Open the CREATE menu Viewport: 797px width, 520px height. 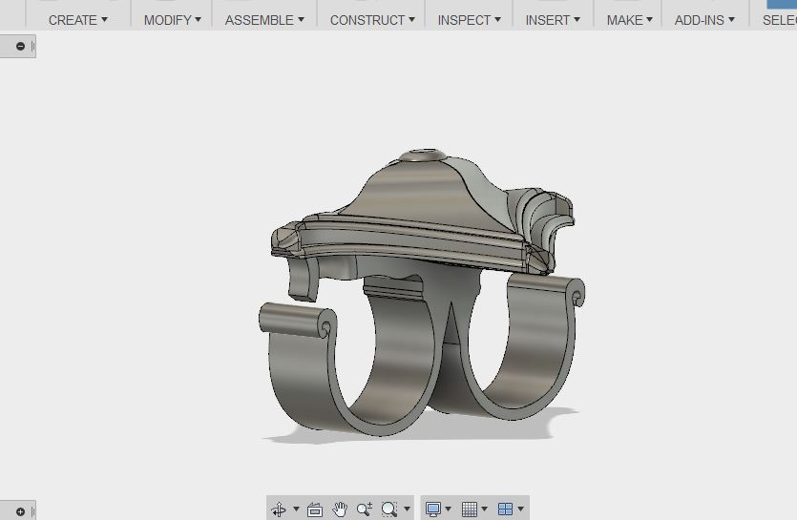(x=77, y=19)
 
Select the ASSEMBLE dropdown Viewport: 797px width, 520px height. (x=264, y=19)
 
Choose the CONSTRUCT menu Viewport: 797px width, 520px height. (x=372, y=19)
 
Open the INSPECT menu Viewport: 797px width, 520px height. (x=469, y=19)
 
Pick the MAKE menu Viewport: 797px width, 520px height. (x=629, y=19)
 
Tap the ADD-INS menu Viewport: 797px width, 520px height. (x=704, y=19)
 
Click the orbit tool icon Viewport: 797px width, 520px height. (x=280, y=510)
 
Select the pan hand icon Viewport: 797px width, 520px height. (x=340, y=510)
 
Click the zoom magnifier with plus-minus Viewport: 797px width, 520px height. (x=364, y=510)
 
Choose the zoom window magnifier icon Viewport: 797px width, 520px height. (x=389, y=510)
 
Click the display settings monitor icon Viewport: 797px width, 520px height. (x=433, y=510)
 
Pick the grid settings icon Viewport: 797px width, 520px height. (x=470, y=510)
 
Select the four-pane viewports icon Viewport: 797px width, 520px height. (x=506, y=510)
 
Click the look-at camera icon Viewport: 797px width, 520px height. (x=315, y=510)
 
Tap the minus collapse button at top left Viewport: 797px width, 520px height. (x=21, y=46)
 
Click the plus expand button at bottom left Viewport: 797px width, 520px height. (x=21, y=512)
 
